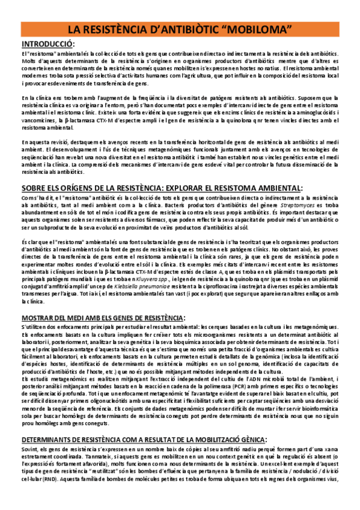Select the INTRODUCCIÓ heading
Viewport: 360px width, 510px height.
pyautogui.click(x=47, y=45)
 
